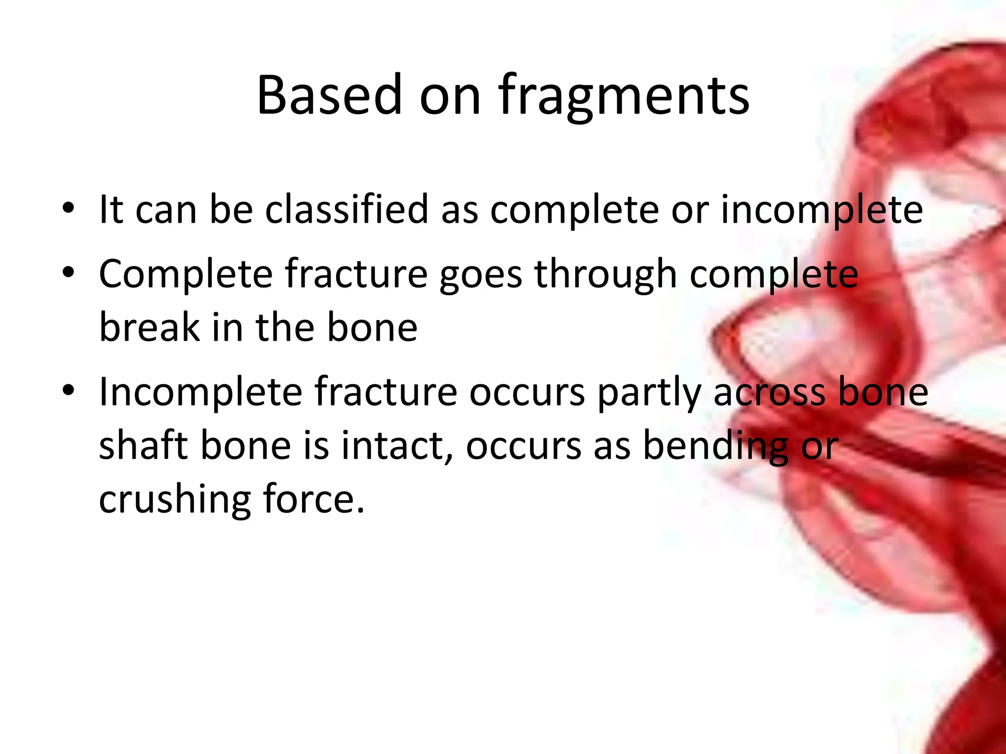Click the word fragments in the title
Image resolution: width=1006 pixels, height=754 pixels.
[x=624, y=96]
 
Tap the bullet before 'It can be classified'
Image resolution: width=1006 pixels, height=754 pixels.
[x=68, y=208]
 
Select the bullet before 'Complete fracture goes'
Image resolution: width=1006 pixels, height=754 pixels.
[x=68, y=273]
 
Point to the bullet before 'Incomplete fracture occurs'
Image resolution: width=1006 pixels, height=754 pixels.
[x=68, y=391]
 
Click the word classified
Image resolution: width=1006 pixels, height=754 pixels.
[x=347, y=210]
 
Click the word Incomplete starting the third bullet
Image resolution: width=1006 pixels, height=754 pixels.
[x=200, y=393]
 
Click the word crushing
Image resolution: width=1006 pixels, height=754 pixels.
[x=175, y=500]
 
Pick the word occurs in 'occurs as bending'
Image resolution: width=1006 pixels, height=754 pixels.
[x=524, y=446]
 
